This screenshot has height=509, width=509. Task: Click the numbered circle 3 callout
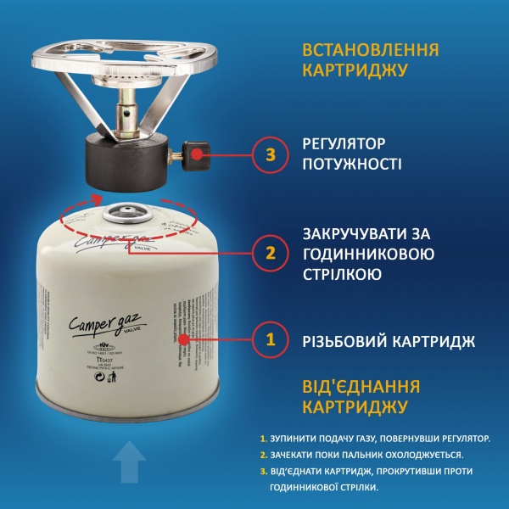coord(271,154)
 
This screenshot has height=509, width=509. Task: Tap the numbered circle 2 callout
coord(271,252)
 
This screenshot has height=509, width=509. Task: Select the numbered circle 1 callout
coord(271,340)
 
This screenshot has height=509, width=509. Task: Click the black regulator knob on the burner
coord(193,154)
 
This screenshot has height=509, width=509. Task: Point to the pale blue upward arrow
coord(128,465)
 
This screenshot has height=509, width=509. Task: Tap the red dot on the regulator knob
coord(197,154)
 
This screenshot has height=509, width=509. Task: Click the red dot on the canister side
coord(183,340)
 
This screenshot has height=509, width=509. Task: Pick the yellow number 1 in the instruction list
coord(264,439)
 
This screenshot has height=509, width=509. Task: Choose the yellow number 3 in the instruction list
coord(264,471)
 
